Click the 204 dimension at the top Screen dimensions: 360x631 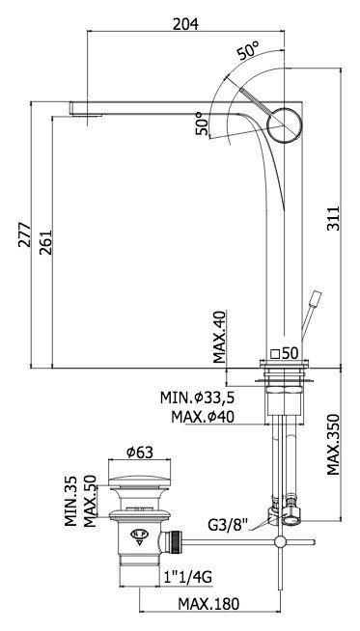pos(185,24)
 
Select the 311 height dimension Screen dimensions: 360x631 pos(333,218)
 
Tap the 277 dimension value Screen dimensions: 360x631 pos(24,233)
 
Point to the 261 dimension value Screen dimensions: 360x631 pos(45,242)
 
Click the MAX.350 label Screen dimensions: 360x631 pos(333,444)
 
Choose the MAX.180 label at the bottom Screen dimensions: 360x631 pos(208,604)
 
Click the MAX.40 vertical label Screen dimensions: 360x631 pos(220,337)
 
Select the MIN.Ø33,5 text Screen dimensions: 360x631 pos(197,398)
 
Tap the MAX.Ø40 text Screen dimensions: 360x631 pos(202,417)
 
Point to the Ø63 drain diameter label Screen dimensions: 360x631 pos(139,453)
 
